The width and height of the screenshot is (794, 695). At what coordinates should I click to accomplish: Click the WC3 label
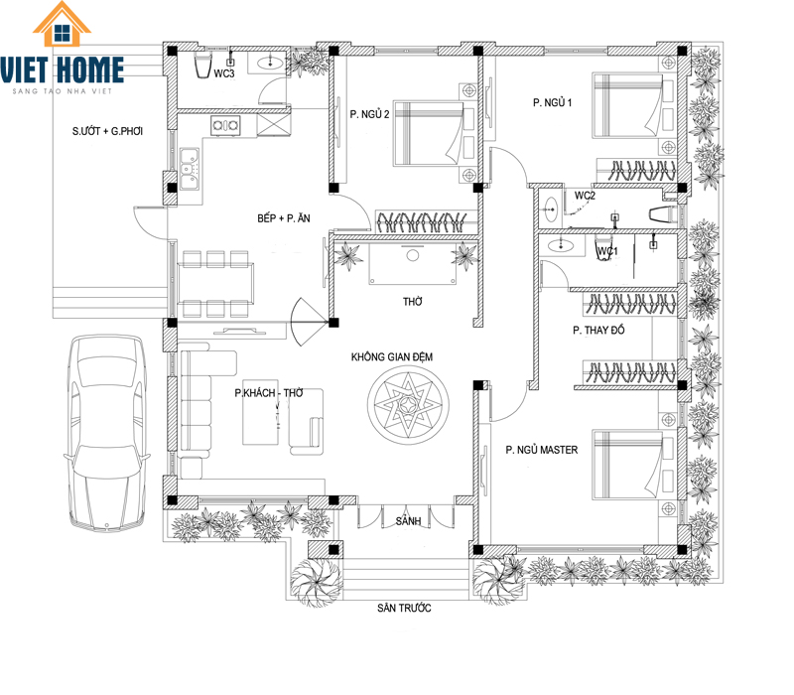click(224, 73)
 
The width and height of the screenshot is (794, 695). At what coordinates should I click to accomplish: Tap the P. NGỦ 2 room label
click(369, 114)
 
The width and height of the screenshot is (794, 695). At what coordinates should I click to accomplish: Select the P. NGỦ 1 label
click(552, 103)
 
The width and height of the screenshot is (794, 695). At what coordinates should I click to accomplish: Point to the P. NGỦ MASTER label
click(541, 450)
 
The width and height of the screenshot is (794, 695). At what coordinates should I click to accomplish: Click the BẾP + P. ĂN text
click(284, 218)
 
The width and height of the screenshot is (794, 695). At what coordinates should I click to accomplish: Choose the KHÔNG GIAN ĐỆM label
click(392, 357)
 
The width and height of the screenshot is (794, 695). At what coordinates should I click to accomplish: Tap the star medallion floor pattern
click(408, 405)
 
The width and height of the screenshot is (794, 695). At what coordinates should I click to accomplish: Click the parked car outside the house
click(107, 433)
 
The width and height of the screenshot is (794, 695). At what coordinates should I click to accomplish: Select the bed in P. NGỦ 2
click(429, 134)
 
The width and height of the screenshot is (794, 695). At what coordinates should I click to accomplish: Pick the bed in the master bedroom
click(628, 465)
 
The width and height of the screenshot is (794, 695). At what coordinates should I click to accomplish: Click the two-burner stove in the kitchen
click(226, 125)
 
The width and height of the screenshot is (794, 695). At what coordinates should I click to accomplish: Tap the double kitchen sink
click(190, 169)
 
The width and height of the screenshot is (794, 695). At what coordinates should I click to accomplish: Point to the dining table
click(215, 284)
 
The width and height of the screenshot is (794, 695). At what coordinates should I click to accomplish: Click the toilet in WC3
click(202, 65)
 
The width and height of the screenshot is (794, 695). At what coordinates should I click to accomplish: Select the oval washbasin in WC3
click(270, 63)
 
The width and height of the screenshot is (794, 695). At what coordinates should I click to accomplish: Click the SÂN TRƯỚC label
click(404, 608)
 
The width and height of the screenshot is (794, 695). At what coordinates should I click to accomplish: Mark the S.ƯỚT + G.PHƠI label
click(107, 131)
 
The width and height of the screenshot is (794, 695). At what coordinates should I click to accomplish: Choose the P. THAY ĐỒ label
click(598, 331)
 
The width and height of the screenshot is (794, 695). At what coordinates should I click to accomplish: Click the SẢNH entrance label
click(408, 520)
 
